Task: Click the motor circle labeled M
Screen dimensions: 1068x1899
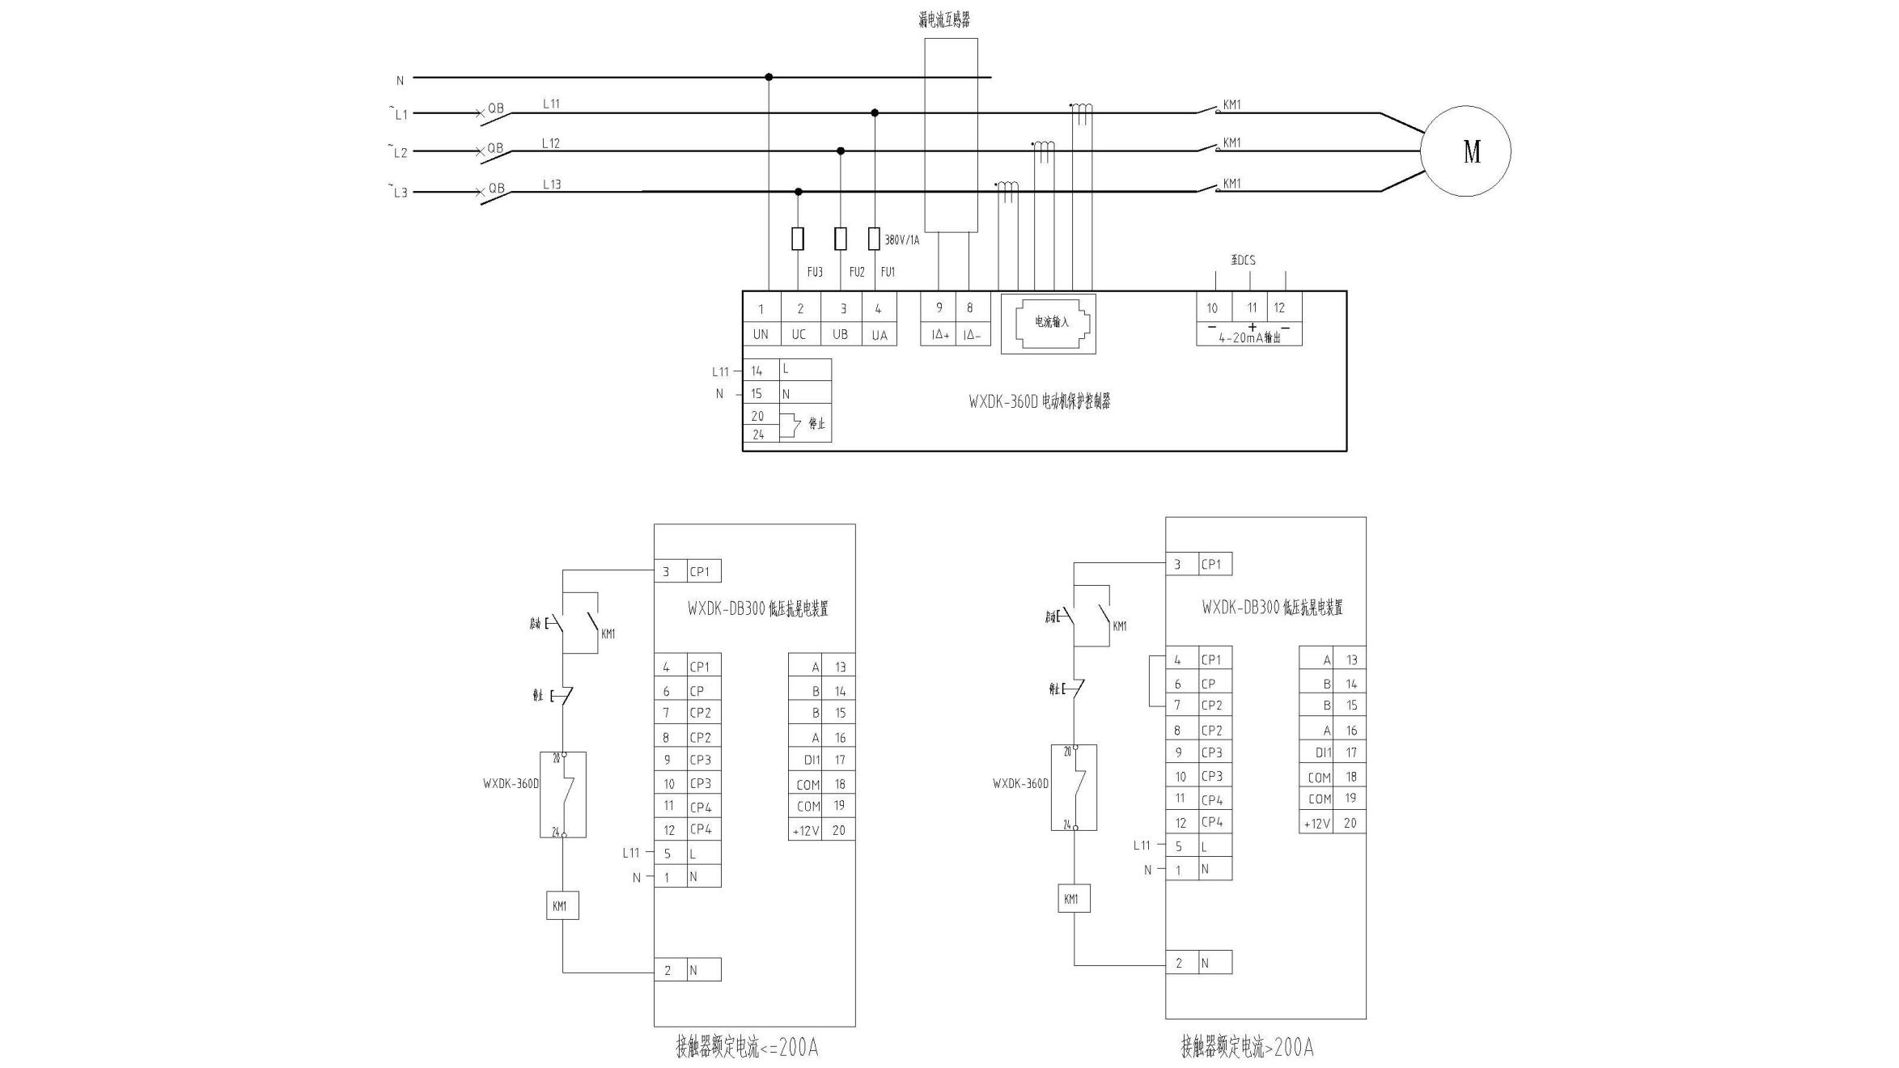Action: coord(1465,151)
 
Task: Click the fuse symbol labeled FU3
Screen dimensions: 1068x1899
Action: coord(798,239)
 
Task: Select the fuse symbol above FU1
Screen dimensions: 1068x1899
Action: coord(874,239)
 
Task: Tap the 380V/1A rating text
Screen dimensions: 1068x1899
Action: coord(901,240)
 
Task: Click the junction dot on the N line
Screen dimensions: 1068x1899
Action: coord(769,78)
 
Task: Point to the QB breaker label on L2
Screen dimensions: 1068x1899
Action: coord(494,148)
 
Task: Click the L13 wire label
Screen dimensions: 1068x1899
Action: coord(552,184)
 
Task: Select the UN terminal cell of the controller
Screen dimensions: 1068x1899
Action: coord(761,334)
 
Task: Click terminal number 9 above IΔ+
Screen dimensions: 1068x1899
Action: coord(939,307)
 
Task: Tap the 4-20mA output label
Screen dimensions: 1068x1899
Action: coord(1249,338)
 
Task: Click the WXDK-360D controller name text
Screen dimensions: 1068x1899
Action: coord(1039,401)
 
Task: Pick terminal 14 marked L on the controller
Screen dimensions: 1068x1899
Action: coord(757,371)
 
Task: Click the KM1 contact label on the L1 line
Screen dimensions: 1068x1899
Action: coord(1231,104)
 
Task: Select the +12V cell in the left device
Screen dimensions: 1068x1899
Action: coord(805,831)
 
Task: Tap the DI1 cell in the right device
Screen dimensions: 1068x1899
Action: coord(1322,752)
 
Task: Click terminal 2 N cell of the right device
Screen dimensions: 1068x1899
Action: coord(1198,963)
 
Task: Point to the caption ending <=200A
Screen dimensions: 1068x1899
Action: coord(747,1048)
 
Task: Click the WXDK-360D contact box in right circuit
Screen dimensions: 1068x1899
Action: coord(1074,787)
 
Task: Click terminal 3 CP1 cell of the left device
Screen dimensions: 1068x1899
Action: coord(687,571)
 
